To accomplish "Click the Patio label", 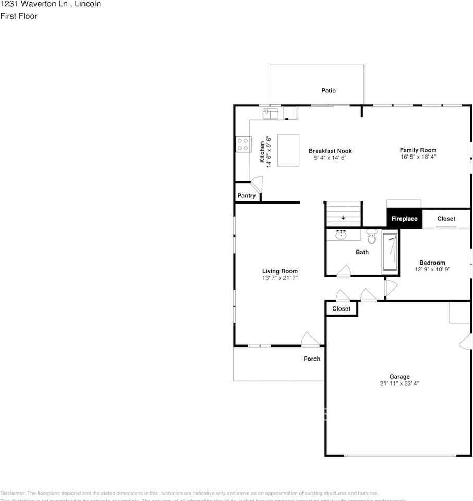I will pyautogui.click(x=329, y=90).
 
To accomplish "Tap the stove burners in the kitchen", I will pyautogui.click(x=242, y=144).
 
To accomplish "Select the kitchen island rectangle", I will pyautogui.click(x=288, y=150).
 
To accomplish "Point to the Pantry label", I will pyautogui.click(x=247, y=196).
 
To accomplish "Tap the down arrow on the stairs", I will pyautogui.click(x=343, y=218).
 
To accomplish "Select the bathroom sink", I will pyautogui.click(x=342, y=235).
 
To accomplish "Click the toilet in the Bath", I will pyautogui.click(x=372, y=237).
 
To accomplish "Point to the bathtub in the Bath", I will pyautogui.click(x=390, y=252).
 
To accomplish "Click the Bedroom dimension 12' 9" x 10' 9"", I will pyautogui.click(x=432, y=270).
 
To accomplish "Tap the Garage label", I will pyautogui.click(x=399, y=376).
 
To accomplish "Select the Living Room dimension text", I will pyautogui.click(x=280, y=278).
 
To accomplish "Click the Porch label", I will pyautogui.click(x=312, y=359).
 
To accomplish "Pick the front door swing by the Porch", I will pyautogui.click(x=311, y=340).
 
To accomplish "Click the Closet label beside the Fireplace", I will pyautogui.click(x=446, y=219).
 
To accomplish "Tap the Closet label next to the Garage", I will pyautogui.click(x=342, y=308).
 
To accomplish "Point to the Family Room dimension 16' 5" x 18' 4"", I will pyautogui.click(x=418, y=157).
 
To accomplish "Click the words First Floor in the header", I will pyautogui.click(x=19, y=16).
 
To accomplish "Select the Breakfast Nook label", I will pyautogui.click(x=330, y=151).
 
